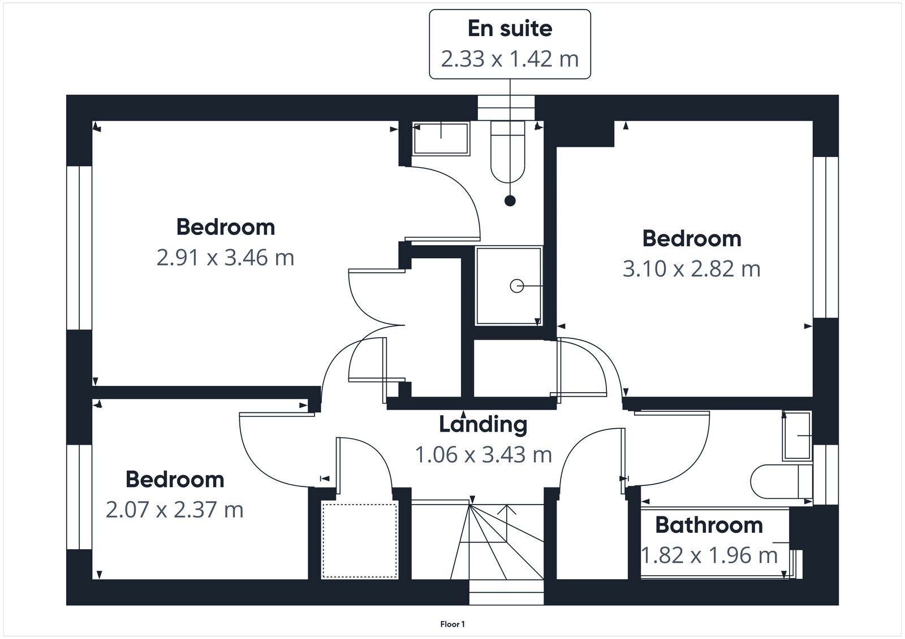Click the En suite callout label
pyautogui.click(x=510, y=29)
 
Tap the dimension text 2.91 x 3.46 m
pyautogui.click(x=225, y=258)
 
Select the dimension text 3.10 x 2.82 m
pyautogui.click(x=691, y=269)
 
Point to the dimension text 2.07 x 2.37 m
pyautogui.click(x=174, y=510)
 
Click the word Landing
pyautogui.click(x=483, y=424)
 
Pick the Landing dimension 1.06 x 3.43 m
pyautogui.click(x=483, y=454)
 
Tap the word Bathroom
pyautogui.click(x=709, y=525)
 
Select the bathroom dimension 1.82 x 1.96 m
pyautogui.click(x=709, y=555)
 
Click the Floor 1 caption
pyautogui.click(x=453, y=624)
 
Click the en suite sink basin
pyautogui.click(x=441, y=138)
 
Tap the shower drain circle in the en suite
pyautogui.click(x=516, y=286)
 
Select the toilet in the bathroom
pyautogui.click(x=781, y=482)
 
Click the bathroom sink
pyautogui.click(x=797, y=436)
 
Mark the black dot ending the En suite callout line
pyautogui.click(x=510, y=201)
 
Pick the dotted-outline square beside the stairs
pyautogui.click(x=360, y=540)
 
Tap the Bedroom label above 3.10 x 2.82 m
pyautogui.click(x=691, y=238)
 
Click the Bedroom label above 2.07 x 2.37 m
pyautogui.click(x=174, y=479)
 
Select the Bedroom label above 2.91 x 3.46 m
pyautogui.click(x=225, y=227)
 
